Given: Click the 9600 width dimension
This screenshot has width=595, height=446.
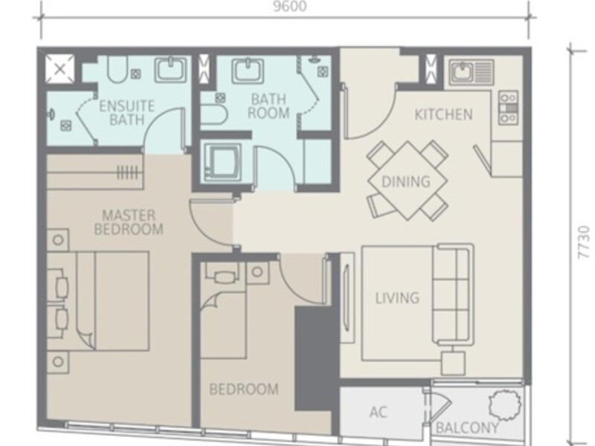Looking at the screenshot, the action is coord(290,6).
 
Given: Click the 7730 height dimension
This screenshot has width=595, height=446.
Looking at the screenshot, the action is coord(585,243).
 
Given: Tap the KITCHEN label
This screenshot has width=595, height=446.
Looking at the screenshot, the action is coord(443,114).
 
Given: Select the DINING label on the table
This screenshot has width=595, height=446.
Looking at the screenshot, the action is coord(406,181).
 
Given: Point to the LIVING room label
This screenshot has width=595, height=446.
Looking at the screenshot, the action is coord(398,298).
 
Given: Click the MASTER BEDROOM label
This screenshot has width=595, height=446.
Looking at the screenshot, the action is coord(129,222).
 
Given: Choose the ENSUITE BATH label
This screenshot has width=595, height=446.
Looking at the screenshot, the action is coord(126,113).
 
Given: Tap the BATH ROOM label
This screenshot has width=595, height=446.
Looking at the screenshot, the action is coord(268,106).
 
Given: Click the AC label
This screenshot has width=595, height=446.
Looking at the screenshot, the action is coord(378,412).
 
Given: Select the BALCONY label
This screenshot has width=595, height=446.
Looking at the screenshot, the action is coord(467,428).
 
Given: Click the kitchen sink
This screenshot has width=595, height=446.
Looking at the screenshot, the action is coord(472,72).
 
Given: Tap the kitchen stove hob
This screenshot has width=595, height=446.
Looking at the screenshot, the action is coord(509,108).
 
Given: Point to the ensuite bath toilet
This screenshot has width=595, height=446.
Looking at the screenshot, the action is coord(117,69).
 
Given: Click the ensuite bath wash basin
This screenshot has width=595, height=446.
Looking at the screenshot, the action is coord(171,69).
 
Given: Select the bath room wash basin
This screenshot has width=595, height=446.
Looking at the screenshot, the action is coord(248,71).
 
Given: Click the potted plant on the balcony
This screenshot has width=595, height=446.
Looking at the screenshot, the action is coord(505,404).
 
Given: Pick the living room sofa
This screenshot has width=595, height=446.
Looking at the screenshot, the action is coord(454,294).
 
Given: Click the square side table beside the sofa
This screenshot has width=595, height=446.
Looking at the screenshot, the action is coord(453,363).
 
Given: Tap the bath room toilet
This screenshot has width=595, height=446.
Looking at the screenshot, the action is coord(213,115).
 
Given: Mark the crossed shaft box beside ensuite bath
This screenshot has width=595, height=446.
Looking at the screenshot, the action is coord(60,68).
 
